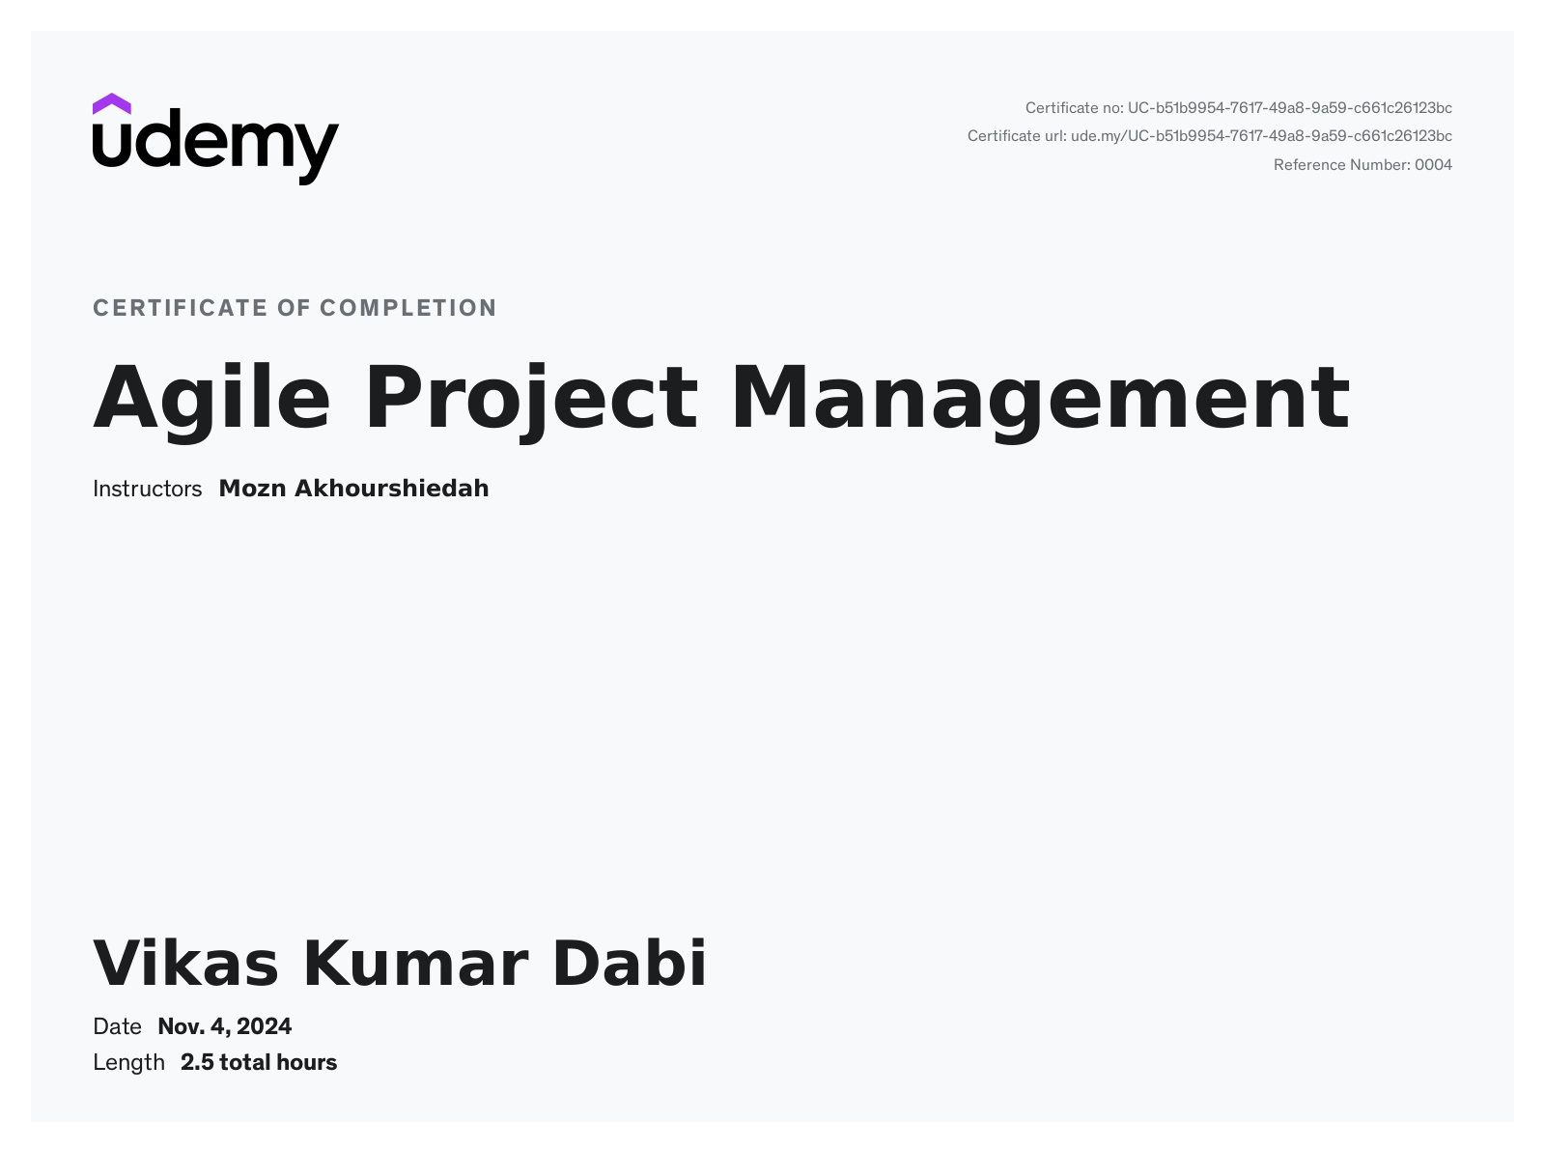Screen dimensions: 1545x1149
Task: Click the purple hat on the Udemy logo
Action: [111, 103]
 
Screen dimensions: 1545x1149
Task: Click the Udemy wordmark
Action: [215, 147]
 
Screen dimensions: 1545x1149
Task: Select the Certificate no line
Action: [1238, 108]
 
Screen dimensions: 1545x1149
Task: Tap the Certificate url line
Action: [1209, 136]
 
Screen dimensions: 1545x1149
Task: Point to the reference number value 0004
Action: [1433, 165]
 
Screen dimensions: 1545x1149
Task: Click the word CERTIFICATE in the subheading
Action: [180, 308]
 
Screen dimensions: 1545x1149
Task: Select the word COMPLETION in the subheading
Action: [408, 308]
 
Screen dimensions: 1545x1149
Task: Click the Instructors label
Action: [147, 489]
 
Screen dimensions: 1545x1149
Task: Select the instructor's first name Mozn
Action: [252, 489]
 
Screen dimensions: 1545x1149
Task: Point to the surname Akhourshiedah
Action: [391, 489]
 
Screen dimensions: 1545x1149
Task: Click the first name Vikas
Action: [185, 963]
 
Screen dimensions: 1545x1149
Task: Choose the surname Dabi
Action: [629, 963]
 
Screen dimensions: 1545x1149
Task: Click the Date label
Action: [117, 1026]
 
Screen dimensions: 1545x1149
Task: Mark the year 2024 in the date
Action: [264, 1026]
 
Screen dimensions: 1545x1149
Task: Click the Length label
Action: [128, 1063]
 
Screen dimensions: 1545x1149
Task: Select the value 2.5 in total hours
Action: [197, 1063]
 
